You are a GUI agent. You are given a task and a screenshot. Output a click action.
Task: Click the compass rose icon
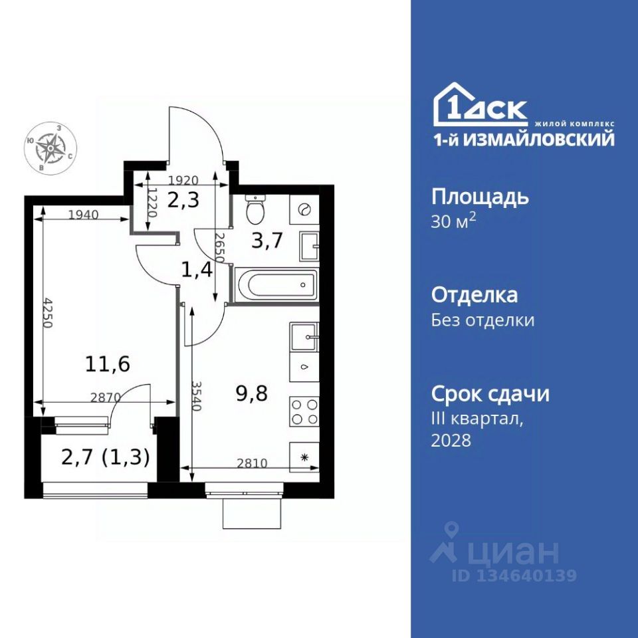tap(51, 148)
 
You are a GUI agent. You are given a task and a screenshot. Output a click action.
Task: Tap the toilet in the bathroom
tap(255, 210)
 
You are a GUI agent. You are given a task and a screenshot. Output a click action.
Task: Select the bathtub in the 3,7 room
tap(276, 285)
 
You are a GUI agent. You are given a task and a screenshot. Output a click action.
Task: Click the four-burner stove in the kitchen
tap(304, 411)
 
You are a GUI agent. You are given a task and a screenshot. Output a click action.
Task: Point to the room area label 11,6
tap(108, 364)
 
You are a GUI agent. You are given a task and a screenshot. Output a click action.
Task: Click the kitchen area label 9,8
tap(251, 393)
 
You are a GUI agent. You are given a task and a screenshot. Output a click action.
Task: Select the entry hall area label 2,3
tap(183, 200)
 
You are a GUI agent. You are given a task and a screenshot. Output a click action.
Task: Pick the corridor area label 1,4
tap(197, 270)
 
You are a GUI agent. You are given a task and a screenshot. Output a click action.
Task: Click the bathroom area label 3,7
tap(267, 241)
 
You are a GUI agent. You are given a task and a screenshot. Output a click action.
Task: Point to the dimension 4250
tap(48, 313)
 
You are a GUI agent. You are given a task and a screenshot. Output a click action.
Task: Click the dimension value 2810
tap(253, 463)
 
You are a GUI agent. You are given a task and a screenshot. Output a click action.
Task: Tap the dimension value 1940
tap(84, 215)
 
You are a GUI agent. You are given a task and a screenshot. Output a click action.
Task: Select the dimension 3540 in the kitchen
tap(197, 396)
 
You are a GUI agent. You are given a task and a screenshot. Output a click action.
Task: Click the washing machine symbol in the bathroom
tap(304, 209)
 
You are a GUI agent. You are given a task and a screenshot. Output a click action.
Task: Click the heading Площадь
tap(480, 197)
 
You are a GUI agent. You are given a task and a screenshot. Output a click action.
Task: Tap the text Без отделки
tap(483, 320)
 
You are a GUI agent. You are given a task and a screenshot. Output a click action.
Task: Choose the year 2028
tap(451, 440)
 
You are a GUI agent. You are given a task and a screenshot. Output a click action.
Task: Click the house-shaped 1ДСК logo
tap(480, 104)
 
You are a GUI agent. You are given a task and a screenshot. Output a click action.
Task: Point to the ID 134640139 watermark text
tap(514, 576)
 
